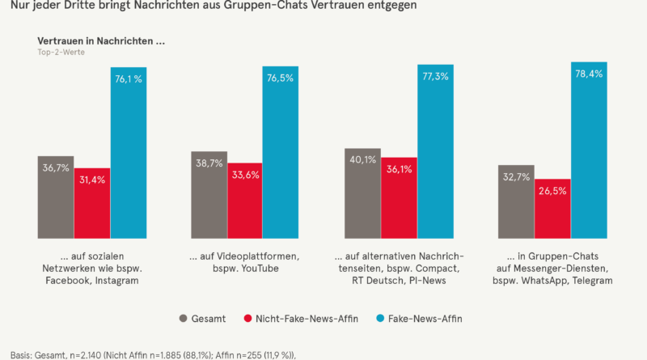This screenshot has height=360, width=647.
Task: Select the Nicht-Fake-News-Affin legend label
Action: pos(297,318)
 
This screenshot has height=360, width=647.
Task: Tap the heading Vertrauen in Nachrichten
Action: pos(101,40)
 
